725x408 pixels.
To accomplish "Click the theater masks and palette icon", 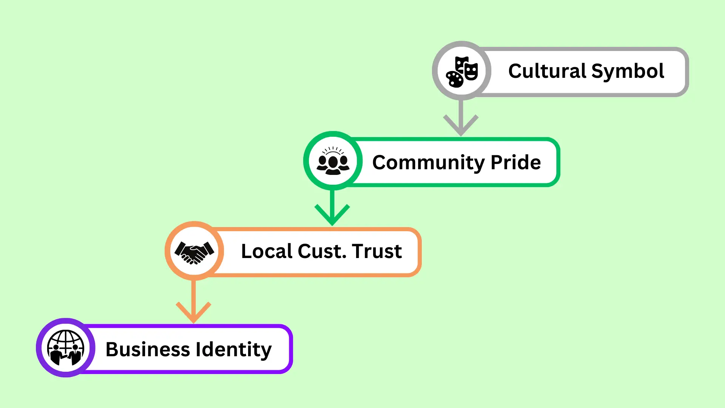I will tap(461, 71).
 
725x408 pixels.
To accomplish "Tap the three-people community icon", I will tap(333, 161).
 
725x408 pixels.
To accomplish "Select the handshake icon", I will tap(194, 252).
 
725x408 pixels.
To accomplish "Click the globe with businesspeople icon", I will tap(66, 348).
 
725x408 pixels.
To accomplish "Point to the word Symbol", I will tap(628, 72).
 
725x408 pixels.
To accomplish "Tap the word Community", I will tap(428, 163).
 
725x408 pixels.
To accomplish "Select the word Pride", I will tap(515, 162).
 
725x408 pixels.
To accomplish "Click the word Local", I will tap(267, 251).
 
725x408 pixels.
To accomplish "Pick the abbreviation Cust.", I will tap(322, 251).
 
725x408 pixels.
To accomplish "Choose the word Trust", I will tap(377, 251).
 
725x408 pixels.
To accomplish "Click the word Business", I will tap(148, 349).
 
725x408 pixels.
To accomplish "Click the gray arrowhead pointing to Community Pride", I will tap(461, 127).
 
